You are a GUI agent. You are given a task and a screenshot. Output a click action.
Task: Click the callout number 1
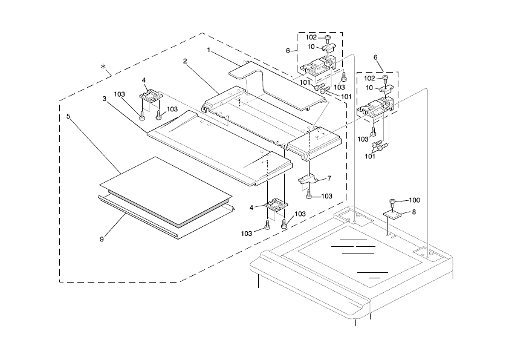coord(209,51)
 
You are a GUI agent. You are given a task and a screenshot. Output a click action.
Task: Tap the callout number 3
coord(105,99)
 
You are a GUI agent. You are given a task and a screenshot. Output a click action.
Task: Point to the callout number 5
coord(68,115)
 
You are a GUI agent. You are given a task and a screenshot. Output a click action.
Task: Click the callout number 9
coord(102,238)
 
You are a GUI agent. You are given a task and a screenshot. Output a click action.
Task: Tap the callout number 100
coord(414,200)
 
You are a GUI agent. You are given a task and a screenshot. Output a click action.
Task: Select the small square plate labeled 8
coord(394,214)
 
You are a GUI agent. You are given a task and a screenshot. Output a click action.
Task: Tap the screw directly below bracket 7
coord(309,195)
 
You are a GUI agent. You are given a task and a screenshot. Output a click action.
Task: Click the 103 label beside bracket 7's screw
coord(326,196)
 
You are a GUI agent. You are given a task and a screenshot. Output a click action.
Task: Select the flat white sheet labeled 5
coord(163,191)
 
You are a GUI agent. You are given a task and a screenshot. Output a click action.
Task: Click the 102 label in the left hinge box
coord(311,38)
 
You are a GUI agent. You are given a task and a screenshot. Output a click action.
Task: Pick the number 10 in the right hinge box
coord(369,88)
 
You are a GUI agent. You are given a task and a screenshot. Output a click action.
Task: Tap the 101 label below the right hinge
coord(369,156)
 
